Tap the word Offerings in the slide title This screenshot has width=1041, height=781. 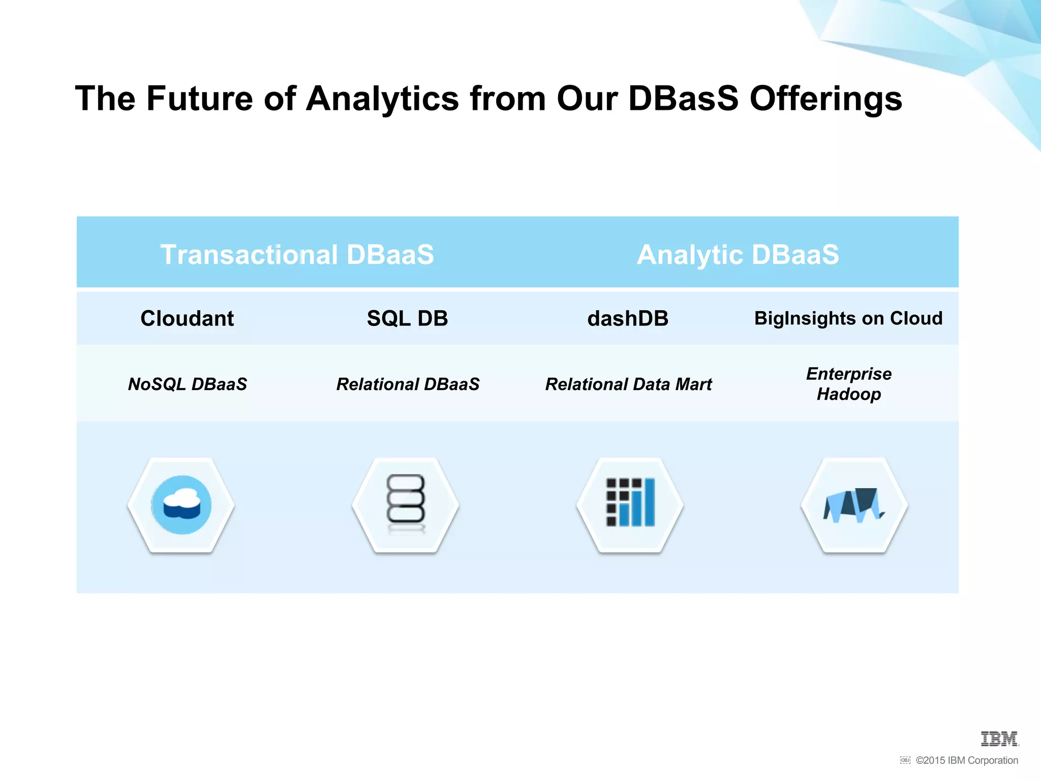pos(825,99)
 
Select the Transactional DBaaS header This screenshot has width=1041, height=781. pos(297,254)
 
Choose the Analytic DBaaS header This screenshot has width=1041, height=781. pos(738,254)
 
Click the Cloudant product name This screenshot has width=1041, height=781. pos(187,319)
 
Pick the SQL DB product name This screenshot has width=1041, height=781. pos(407,319)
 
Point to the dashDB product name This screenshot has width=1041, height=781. pos(628,319)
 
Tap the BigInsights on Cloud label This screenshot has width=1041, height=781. pos(848,318)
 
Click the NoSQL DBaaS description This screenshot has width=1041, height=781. pos(187,384)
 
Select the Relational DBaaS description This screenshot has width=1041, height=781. pos(408,384)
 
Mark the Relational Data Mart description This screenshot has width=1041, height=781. pos(628,384)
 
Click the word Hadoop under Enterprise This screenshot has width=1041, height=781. pos(848,395)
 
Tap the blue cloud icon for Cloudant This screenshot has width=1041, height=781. pos(181,505)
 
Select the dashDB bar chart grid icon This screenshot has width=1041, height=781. pos(630,502)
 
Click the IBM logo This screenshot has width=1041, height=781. pos(999,739)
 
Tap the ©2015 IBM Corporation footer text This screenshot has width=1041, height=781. pos(966,760)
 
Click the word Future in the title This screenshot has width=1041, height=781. pos(199,99)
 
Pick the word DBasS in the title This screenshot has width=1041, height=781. pos(683,99)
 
